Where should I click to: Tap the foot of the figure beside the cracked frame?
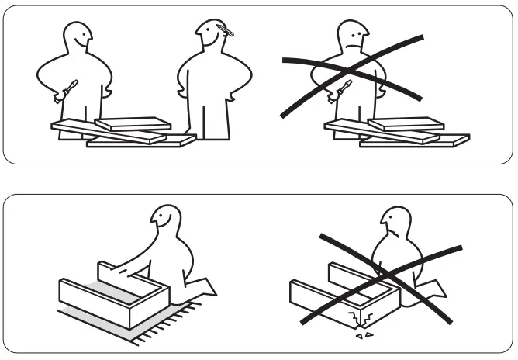pyautogui.click(x=434, y=291)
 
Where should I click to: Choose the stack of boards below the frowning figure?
pyautogui.click(x=395, y=132)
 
